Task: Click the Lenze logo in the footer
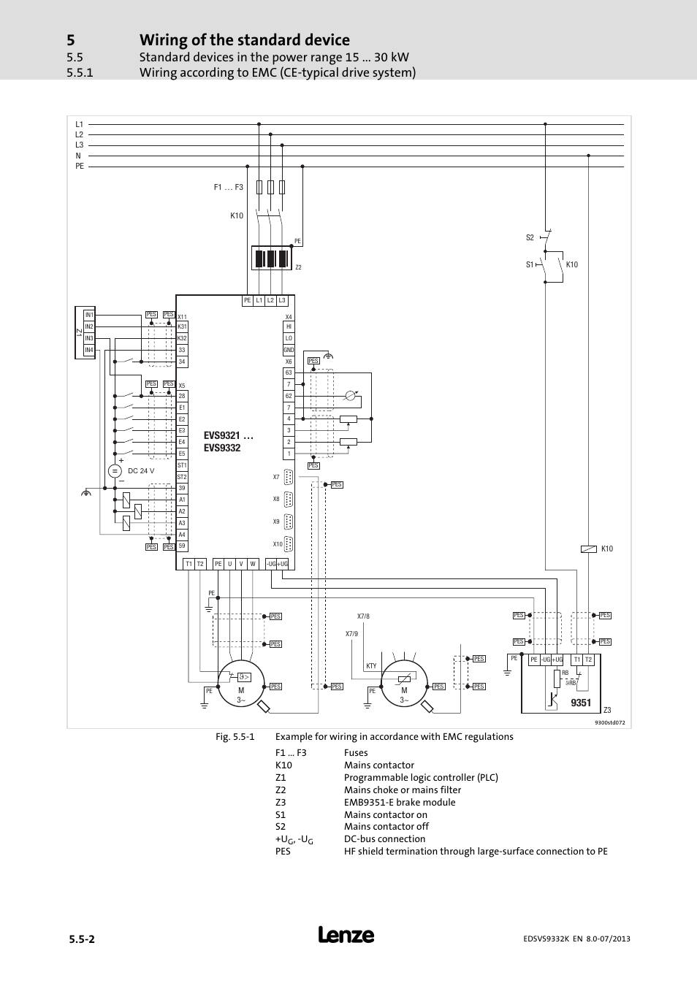click(346, 935)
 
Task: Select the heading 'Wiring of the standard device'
click(244, 39)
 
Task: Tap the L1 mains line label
click(80, 124)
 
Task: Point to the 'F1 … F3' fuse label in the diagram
click(228, 188)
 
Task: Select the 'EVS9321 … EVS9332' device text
click(222, 442)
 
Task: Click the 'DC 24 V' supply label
click(141, 471)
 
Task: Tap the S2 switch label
click(530, 237)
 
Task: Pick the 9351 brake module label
click(581, 703)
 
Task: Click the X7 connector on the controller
click(288, 478)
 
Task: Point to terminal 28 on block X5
click(182, 396)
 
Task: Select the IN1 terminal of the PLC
click(89, 315)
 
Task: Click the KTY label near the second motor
click(371, 666)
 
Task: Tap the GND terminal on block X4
click(289, 350)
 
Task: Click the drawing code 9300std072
click(609, 722)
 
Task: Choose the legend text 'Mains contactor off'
click(386, 827)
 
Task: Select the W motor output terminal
click(253, 564)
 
